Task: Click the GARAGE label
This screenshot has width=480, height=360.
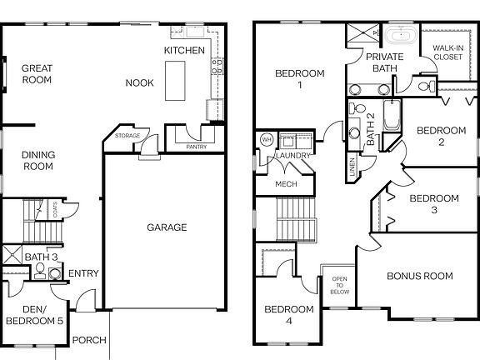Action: pyautogui.click(x=167, y=227)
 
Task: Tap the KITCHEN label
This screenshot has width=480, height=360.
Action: pyautogui.click(x=184, y=51)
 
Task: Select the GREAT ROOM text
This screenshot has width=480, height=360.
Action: pyautogui.click(x=37, y=74)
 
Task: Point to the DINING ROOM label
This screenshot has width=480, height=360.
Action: pyautogui.click(x=37, y=160)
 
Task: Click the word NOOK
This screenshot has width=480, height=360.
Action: pyautogui.click(x=138, y=82)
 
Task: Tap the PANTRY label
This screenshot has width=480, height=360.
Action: pyautogui.click(x=197, y=146)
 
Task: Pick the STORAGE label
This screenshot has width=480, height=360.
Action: pyautogui.click(x=127, y=136)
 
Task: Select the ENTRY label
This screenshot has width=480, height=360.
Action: pyautogui.click(x=83, y=273)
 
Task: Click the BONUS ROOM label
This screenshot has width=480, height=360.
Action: pyautogui.click(x=419, y=276)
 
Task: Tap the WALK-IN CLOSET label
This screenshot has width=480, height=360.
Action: pyautogui.click(x=447, y=53)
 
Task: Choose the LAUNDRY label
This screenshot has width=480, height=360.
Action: pyautogui.click(x=297, y=156)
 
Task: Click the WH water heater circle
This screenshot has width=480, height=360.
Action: pyautogui.click(x=267, y=138)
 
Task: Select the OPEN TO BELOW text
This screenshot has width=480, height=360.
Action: pyautogui.click(x=339, y=285)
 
